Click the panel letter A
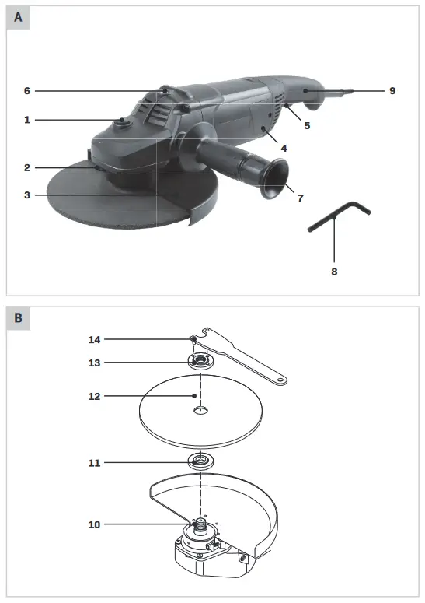(x=18, y=17)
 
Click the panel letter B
(x=18, y=318)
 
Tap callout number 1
(x=27, y=120)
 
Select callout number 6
(x=27, y=91)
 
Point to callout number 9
(x=392, y=91)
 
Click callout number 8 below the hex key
(x=334, y=272)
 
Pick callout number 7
(x=300, y=198)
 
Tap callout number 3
(x=27, y=195)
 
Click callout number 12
(x=95, y=396)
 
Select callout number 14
(x=95, y=339)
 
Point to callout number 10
(x=95, y=524)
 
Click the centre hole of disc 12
(x=201, y=410)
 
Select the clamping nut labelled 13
(x=201, y=362)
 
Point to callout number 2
(x=27, y=167)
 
